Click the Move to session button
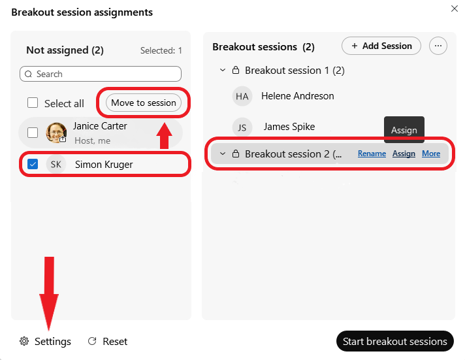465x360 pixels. pyautogui.click(x=144, y=103)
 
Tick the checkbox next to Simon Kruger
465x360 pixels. pyautogui.click(x=33, y=164)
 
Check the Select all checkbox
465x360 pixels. pyautogui.click(x=33, y=103)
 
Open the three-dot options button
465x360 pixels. pyautogui.click(x=438, y=46)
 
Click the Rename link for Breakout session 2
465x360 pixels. pyautogui.click(x=372, y=154)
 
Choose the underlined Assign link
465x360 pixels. pyautogui.click(x=404, y=154)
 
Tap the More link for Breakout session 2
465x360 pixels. pyautogui.click(x=431, y=154)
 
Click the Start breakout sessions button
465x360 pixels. pyautogui.click(x=394, y=341)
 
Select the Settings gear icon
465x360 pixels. pyautogui.click(x=24, y=341)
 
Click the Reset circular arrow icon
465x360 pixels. pyautogui.click(x=92, y=341)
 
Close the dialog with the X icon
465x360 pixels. pyautogui.click(x=455, y=8)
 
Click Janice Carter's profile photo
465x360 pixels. pyautogui.click(x=56, y=133)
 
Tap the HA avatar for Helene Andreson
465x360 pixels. pyautogui.click(x=242, y=96)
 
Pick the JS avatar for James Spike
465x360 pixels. pyautogui.click(x=242, y=127)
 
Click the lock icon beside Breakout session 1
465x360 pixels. pyautogui.click(x=236, y=71)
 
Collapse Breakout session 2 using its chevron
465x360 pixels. pyautogui.click(x=223, y=154)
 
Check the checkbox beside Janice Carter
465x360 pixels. pyautogui.click(x=33, y=133)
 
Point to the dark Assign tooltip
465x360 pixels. pyautogui.click(x=404, y=130)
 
